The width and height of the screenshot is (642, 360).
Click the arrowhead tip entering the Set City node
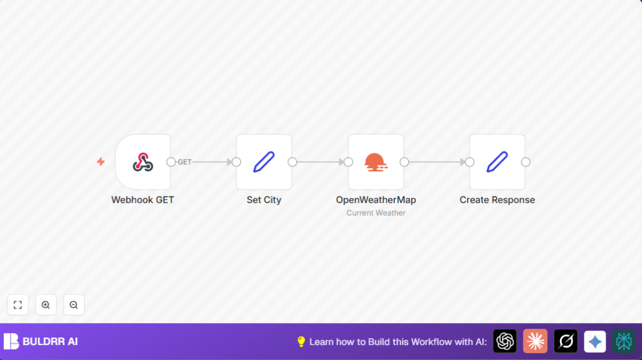tap(232, 162)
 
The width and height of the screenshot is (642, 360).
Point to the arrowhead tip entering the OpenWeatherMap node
tap(344, 162)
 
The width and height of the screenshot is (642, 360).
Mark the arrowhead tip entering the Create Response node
tap(466, 162)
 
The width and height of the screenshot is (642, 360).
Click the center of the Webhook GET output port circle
tap(171, 162)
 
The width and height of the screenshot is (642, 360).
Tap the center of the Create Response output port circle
tap(526, 162)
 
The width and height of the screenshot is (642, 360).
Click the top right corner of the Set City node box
tap(292, 134)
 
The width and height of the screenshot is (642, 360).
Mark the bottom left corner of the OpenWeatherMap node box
tap(349, 189)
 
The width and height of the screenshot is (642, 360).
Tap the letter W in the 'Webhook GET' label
tap(115, 200)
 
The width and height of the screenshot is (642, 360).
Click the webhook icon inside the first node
tap(143, 162)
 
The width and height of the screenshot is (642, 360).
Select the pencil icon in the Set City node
tap(264, 162)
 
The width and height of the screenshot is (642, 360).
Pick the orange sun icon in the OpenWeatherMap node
tap(376, 162)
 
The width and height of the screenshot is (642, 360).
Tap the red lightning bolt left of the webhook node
tap(101, 162)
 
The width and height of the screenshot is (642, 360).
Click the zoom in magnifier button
tap(46, 305)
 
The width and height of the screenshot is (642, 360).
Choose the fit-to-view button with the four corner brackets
tap(18, 305)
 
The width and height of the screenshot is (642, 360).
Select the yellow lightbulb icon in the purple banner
tap(301, 342)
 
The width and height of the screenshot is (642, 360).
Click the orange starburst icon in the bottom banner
tap(535, 341)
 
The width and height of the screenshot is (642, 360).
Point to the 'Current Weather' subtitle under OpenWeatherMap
tap(376, 213)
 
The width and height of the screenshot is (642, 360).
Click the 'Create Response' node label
tap(497, 200)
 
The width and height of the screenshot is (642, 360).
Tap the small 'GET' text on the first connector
tap(185, 162)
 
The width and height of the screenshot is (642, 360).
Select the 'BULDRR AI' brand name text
tap(50, 342)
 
